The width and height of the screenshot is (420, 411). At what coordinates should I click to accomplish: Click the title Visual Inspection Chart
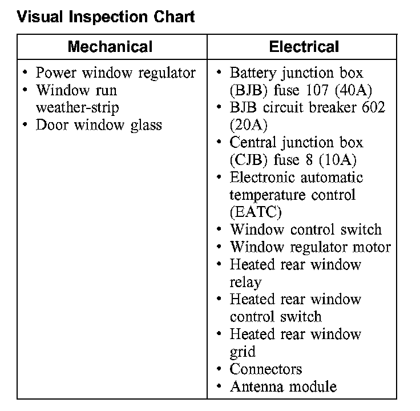click(x=106, y=17)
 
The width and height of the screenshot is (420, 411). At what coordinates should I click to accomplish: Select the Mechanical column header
click(x=110, y=46)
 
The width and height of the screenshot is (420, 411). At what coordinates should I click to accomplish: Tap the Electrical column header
click(x=304, y=46)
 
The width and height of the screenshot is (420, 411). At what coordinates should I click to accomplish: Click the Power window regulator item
click(x=115, y=73)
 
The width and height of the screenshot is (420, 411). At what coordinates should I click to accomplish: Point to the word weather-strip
click(x=77, y=107)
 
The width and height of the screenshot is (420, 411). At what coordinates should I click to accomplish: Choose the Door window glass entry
click(x=99, y=125)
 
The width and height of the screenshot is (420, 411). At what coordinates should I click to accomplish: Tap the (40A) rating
click(x=348, y=90)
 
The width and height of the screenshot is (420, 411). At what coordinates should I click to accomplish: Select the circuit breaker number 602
click(x=373, y=107)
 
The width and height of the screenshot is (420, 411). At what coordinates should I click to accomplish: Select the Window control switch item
click(x=305, y=229)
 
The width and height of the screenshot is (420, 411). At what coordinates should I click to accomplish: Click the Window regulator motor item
click(x=310, y=247)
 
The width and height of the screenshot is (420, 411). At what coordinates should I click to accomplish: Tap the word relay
click(x=245, y=282)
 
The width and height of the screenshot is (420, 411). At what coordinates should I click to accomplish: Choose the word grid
click(x=243, y=352)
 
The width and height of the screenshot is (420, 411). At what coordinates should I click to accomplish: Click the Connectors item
click(x=265, y=369)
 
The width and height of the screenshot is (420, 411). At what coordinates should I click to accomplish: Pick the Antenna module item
click(x=282, y=386)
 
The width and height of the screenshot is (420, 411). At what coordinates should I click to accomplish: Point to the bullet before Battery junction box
click(x=219, y=73)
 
